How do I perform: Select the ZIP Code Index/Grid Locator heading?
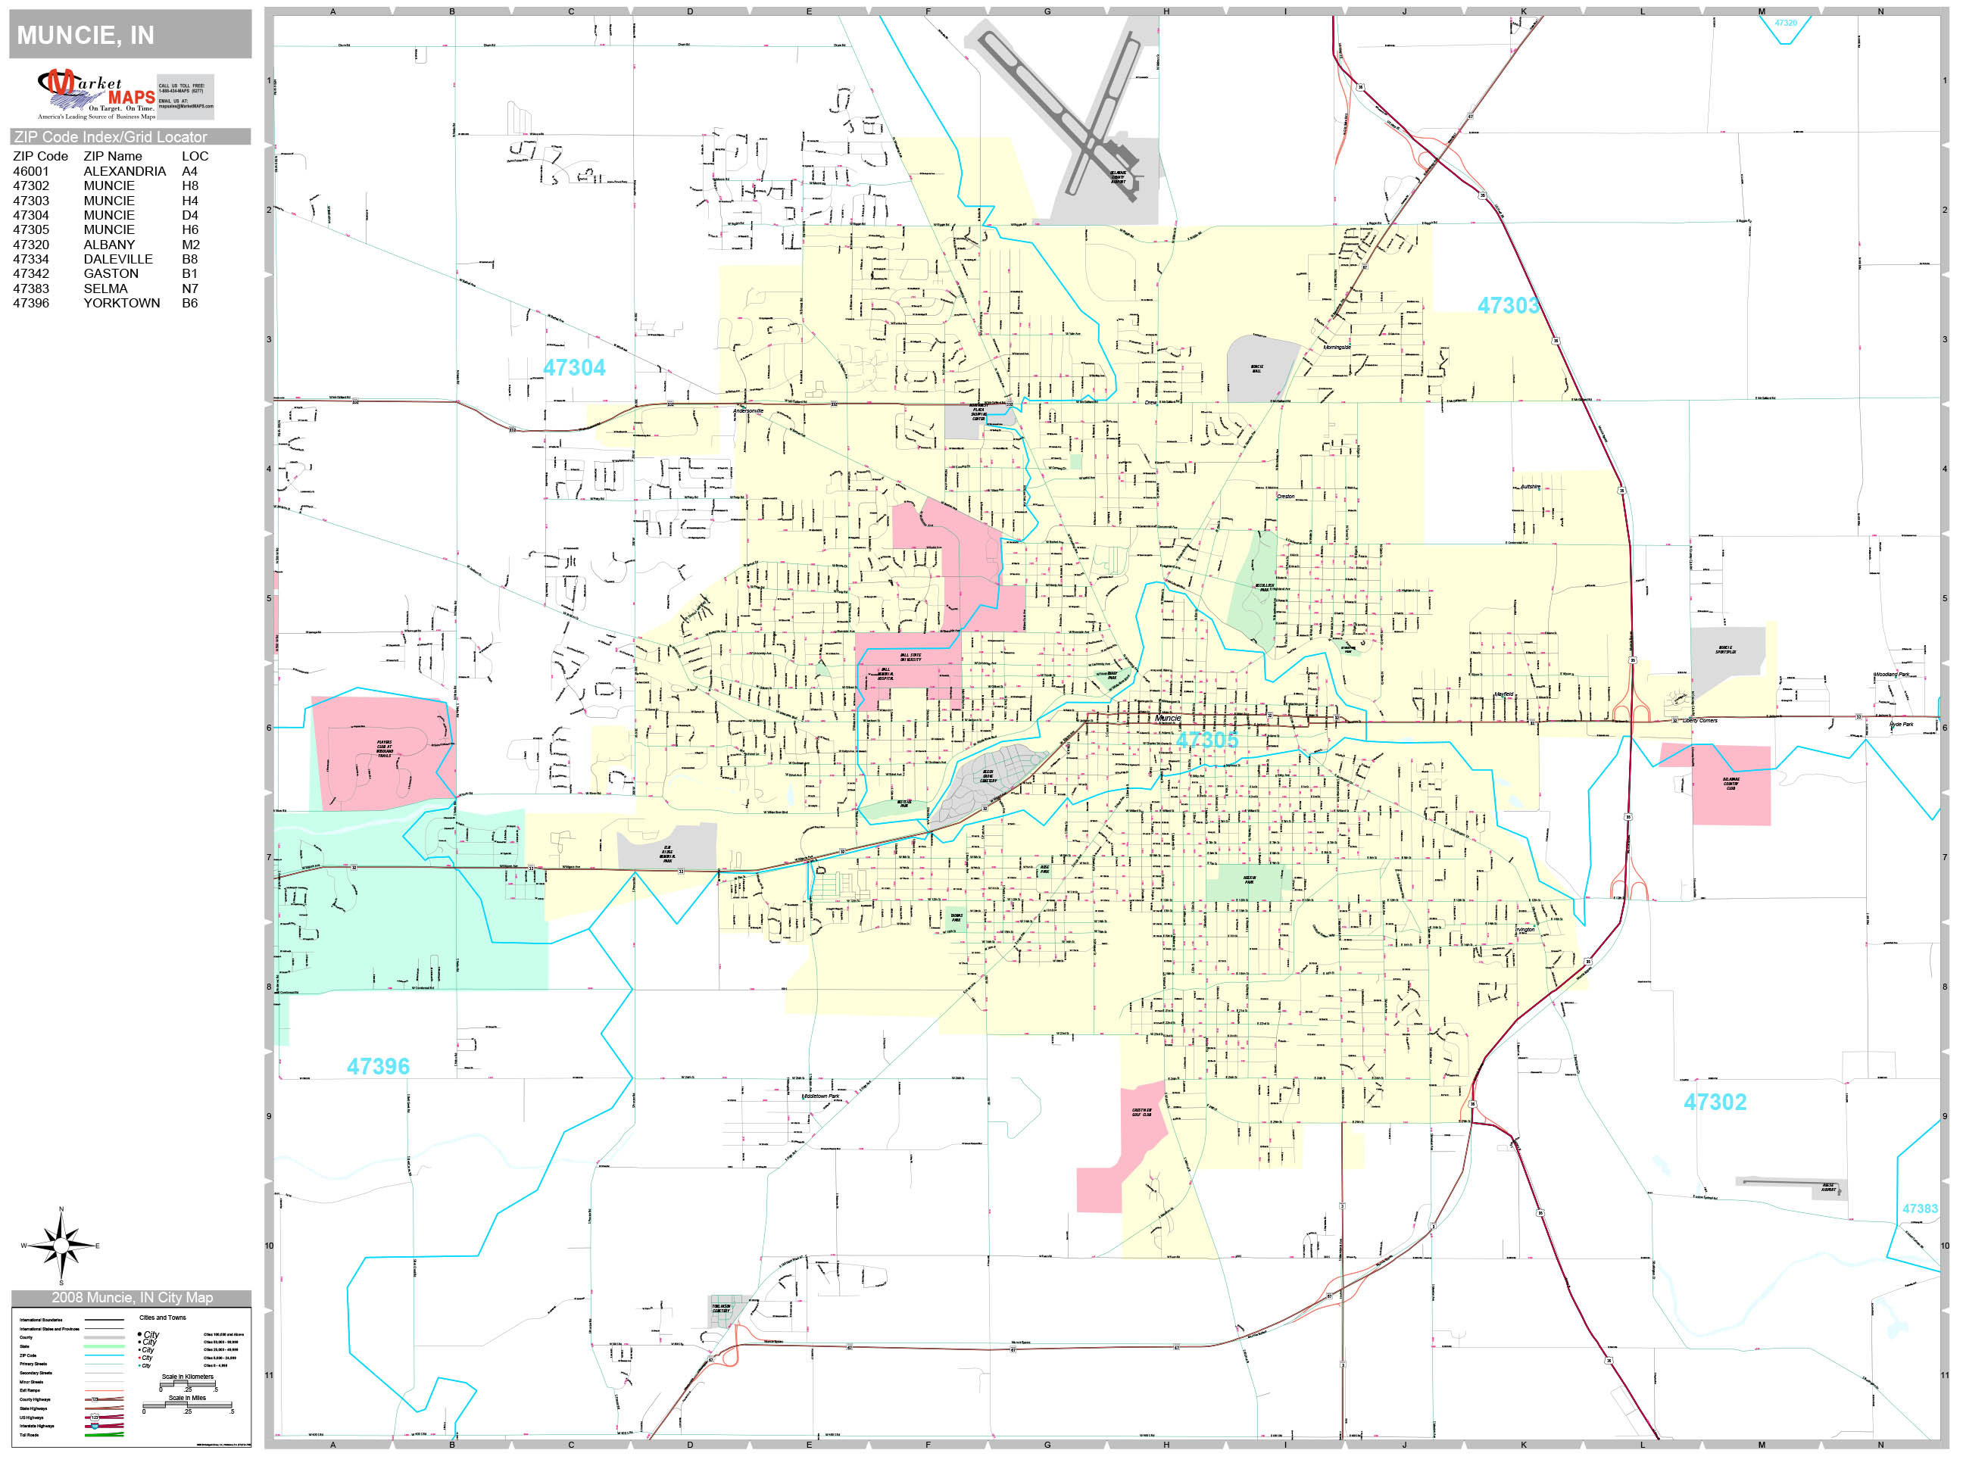point(110,136)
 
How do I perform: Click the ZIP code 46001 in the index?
point(31,171)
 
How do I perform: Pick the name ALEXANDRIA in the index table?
point(124,171)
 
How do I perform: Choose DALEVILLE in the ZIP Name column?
point(118,259)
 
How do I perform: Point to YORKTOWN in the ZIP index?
point(122,304)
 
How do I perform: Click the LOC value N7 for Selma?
point(190,288)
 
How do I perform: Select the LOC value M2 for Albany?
point(191,245)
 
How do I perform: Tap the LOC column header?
point(195,156)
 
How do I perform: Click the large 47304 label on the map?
point(574,367)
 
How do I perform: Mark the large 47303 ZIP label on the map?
point(1508,306)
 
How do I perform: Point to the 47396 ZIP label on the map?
point(378,1066)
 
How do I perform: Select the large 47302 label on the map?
point(1715,1102)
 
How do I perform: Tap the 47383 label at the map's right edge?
point(1920,1208)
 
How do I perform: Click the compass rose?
point(61,1246)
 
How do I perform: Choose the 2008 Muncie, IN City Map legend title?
point(131,1298)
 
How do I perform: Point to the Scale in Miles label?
point(187,1398)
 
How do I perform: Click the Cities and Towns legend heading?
point(162,1318)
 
